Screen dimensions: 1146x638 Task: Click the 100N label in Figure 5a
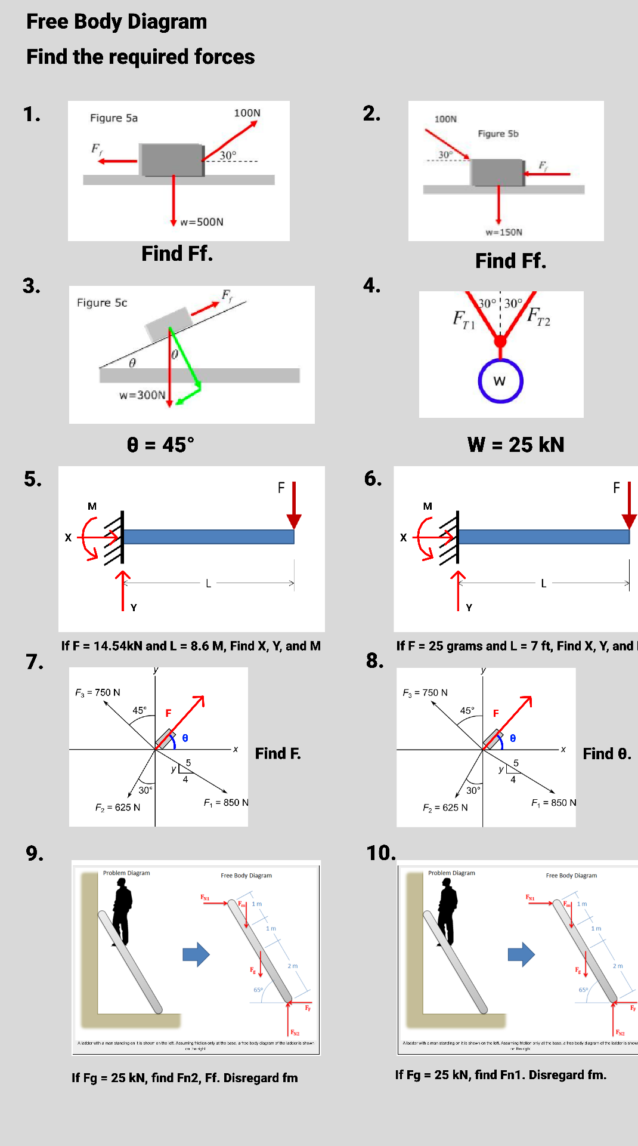pyautogui.click(x=247, y=113)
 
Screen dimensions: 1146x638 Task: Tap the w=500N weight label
pyautogui.click(x=202, y=222)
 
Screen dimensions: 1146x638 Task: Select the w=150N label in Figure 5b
pyautogui.click(x=504, y=232)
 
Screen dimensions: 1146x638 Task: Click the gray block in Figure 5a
pyautogui.click(x=172, y=159)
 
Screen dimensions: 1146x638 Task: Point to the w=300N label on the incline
pyautogui.click(x=142, y=395)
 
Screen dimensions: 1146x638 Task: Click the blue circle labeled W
pyautogui.click(x=500, y=381)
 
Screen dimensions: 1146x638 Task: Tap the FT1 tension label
pyautogui.click(x=464, y=319)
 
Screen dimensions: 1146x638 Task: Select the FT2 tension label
pyautogui.click(x=538, y=316)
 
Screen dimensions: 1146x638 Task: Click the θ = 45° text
pyautogui.click(x=160, y=445)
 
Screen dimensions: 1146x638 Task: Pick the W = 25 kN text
pyautogui.click(x=516, y=445)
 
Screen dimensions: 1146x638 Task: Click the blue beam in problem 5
pyautogui.click(x=209, y=537)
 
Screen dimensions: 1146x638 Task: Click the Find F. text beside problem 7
pyautogui.click(x=278, y=754)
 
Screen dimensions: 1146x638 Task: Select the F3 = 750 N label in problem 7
pyautogui.click(x=98, y=692)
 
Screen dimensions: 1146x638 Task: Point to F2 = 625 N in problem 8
pyautogui.click(x=445, y=808)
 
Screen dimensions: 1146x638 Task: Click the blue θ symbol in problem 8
pyautogui.click(x=513, y=738)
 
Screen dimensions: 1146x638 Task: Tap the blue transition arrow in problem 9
pyautogui.click(x=196, y=954)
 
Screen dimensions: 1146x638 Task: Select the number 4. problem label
pyautogui.click(x=372, y=285)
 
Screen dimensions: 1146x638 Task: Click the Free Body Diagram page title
pyautogui.click(x=117, y=21)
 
